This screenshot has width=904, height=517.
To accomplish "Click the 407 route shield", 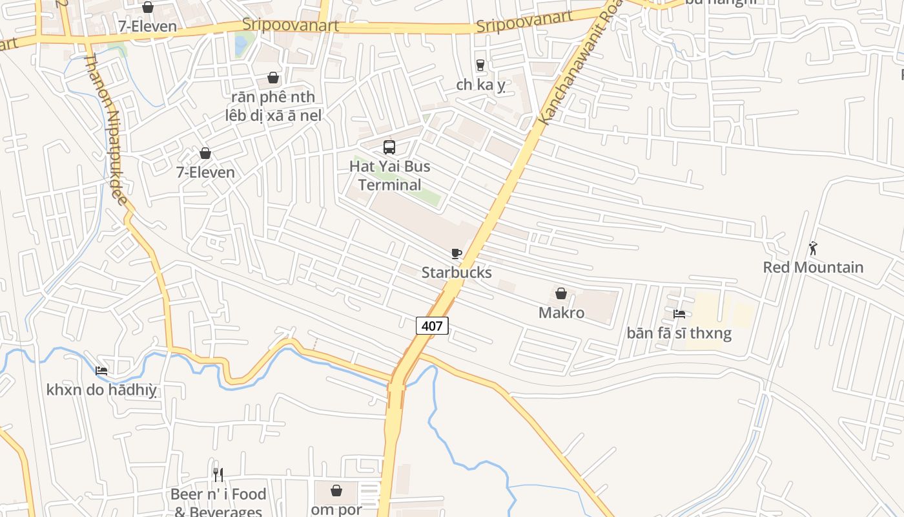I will click(x=432, y=326).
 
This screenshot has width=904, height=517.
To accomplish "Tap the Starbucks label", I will click(x=457, y=273).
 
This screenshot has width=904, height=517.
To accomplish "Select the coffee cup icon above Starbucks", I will click(x=457, y=253).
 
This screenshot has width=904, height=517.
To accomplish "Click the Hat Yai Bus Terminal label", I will click(x=389, y=176).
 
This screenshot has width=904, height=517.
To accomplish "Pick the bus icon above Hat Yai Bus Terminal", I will click(x=389, y=147).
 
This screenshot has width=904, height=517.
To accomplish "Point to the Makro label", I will click(x=561, y=313).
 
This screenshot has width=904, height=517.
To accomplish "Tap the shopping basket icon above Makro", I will click(x=561, y=293).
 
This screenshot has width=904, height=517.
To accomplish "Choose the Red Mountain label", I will click(x=813, y=268).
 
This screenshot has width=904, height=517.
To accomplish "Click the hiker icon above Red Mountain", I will click(x=813, y=248).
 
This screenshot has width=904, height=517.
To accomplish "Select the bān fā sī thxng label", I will click(x=679, y=333).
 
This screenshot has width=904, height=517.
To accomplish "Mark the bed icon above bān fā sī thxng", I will click(x=679, y=314).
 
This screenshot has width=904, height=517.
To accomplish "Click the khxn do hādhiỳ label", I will click(x=101, y=390).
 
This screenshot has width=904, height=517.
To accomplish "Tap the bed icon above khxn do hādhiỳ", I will click(x=101, y=371).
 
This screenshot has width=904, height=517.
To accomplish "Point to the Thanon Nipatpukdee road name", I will click(x=106, y=129).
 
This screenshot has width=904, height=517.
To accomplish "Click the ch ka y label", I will click(x=480, y=85).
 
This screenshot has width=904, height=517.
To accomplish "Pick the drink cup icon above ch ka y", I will click(x=480, y=65).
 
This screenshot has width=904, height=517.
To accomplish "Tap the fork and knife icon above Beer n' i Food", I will click(x=218, y=475).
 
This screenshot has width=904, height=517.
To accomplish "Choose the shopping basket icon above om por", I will click(x=336, y=491).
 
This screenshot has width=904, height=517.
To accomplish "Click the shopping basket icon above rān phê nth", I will click(x=273, y=78).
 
